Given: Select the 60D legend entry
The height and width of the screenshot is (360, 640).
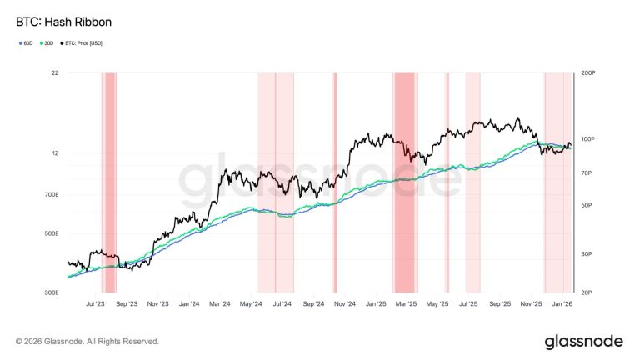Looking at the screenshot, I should [27, 42].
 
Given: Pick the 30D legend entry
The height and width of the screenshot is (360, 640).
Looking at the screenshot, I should [48, 42].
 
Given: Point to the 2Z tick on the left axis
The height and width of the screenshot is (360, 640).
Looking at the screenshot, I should [55, 73].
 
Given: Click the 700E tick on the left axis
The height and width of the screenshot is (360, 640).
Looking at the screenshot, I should [51, 195].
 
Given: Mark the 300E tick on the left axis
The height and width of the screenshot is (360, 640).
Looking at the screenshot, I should [51, 292].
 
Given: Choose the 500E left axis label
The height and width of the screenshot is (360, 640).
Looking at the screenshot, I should [51, 233].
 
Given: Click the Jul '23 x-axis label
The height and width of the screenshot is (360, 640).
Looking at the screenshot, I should [95, 304].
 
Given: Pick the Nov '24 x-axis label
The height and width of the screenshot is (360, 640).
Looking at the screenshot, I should [345, 304].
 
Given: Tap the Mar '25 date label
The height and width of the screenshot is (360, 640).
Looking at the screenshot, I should [407, 304].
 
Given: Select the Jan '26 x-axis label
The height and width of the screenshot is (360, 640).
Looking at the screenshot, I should [562, 304].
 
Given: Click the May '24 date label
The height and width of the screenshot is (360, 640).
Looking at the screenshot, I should [251, 304].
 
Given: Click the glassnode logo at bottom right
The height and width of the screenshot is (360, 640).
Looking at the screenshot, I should [583, 342].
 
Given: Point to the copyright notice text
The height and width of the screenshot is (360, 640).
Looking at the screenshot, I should [87, 342].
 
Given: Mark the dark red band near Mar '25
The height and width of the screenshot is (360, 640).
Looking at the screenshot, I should [404, 167].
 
